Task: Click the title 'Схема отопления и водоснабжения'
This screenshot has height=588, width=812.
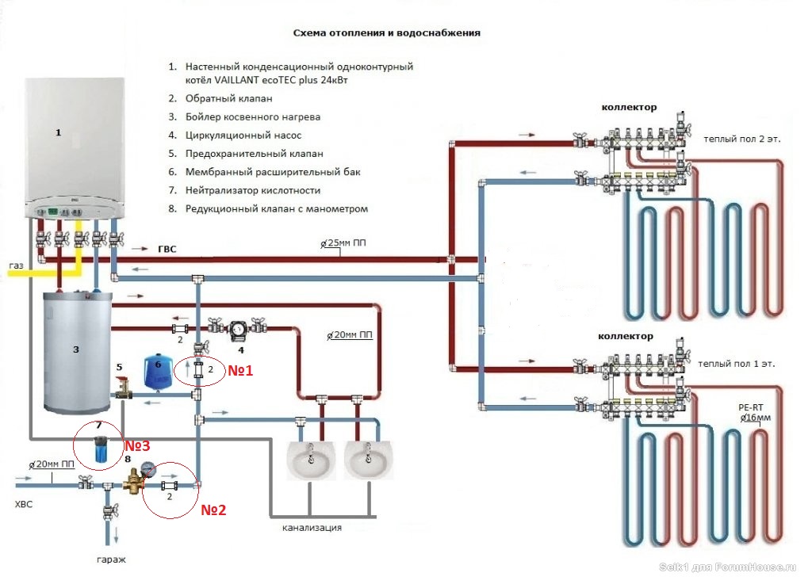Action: (x=386, y=34)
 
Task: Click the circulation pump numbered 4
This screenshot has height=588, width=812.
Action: (x=237, y=327)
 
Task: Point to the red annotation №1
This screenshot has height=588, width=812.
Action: (x=240, y=369)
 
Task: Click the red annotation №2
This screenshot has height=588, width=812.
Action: (x=213, y=510)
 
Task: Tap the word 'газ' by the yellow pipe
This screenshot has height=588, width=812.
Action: (x=17, y=265)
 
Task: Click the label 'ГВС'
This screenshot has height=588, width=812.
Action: (x=167, y=249)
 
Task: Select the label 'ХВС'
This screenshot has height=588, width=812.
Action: (x=26, y=504)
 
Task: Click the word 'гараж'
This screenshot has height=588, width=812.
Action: (x=111, y=559)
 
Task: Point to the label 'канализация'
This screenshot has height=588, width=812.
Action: (x=312, y=527)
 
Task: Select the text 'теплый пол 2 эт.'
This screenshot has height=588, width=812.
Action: (x=741, y=139)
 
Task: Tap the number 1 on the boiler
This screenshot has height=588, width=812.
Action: (x=58, y=133)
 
